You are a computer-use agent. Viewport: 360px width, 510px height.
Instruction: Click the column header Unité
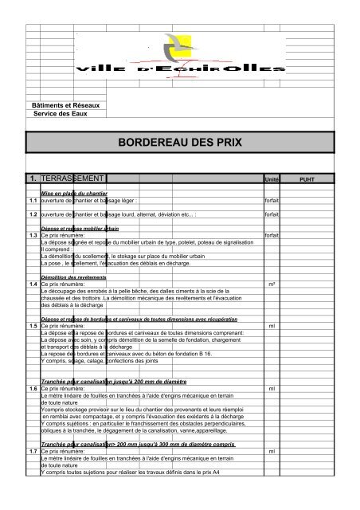[272, 179]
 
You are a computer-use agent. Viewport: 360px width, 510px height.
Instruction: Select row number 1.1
[33, 201]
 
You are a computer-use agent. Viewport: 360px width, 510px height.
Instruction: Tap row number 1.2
[33, 214]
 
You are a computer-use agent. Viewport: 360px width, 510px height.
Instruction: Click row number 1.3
[33, 236]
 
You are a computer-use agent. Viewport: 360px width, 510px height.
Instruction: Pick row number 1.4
[33, 284]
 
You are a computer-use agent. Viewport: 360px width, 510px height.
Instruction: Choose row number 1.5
[33, 326]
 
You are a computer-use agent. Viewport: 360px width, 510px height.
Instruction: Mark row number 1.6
[33, 388]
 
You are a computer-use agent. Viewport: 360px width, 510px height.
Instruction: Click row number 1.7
[33, 451]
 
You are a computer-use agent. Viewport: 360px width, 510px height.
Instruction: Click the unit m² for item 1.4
[272, 284]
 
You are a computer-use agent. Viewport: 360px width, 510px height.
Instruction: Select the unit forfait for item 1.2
[272, 214]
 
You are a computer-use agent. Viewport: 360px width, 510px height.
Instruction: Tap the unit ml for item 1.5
[272, 326]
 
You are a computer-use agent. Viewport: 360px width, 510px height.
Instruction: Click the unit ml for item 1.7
[272, 451]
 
